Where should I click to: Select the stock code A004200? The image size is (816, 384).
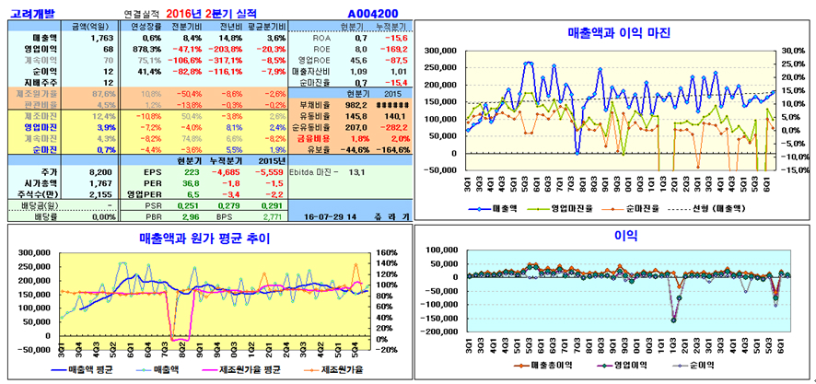click(x=372, y=14)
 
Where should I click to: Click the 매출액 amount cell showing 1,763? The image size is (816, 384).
click(x=100, y=38)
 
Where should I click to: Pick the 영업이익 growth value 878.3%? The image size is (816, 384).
click(x=146, y=49)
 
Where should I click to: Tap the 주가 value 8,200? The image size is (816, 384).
click(x=99, y=172)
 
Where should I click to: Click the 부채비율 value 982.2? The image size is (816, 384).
click(x=355, y=105)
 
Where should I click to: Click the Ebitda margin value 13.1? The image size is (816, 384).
click(x=356, y=172)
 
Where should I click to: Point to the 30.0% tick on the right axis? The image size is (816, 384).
click(x=791, y=52)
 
